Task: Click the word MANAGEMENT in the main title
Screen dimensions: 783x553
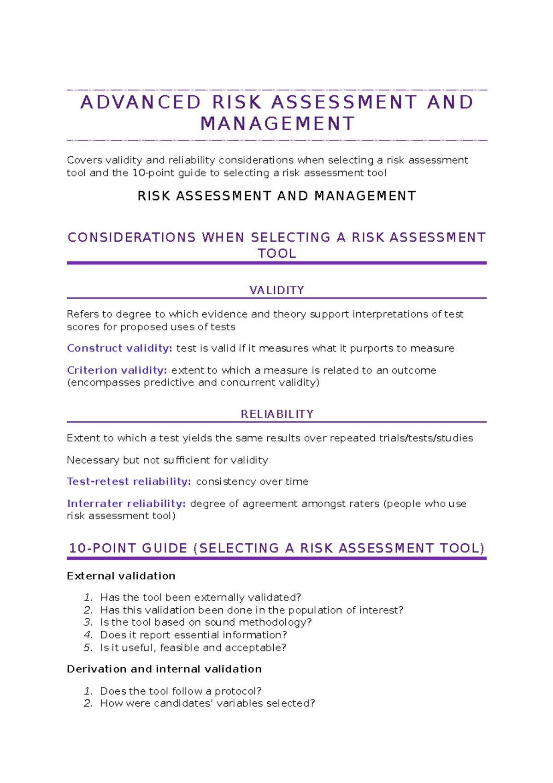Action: [x=277, y=124]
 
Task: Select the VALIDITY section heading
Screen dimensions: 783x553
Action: [x=276, y=290]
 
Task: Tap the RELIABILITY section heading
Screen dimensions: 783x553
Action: [x=277, y=414]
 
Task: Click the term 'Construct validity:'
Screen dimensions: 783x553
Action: [x=119, y=348]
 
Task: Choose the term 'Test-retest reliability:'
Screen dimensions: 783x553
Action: [x=129, y=481]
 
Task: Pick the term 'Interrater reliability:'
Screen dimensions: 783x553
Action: [x=126, y=504]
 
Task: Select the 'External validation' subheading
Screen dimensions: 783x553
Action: [x=121, y=576]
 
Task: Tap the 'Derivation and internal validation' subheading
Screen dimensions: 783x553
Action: [x=164, y=669]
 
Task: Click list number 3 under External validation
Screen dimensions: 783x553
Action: [x=88, y=623]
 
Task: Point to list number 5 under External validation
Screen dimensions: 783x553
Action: [x=88, y=647]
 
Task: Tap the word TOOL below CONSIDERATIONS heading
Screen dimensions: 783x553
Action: [x=276, y=254]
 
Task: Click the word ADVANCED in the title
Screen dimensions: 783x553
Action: [x=141, y=102]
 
